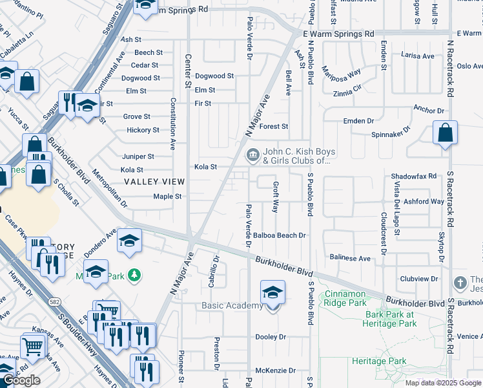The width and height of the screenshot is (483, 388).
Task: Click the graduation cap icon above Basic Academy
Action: (x=272, y=292)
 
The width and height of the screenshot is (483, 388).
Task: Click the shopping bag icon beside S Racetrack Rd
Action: (x=446, y=133)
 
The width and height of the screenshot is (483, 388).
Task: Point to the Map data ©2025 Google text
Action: (x=443, y=383)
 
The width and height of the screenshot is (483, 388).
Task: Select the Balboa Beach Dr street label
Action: (x=279, y=235)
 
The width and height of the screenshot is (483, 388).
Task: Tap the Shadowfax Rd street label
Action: (x=414, y=176)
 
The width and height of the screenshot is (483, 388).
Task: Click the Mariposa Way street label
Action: (x=342, y=72)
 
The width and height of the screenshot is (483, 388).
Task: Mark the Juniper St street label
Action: (x=138, y=156)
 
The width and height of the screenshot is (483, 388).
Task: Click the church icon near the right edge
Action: (x=460, y=283)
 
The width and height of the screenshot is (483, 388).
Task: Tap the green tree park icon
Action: (x=134, y=275)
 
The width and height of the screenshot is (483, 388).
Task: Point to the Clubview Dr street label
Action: (x=422, y=279)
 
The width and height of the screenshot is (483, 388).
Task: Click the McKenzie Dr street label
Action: (x=275, y=371)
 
